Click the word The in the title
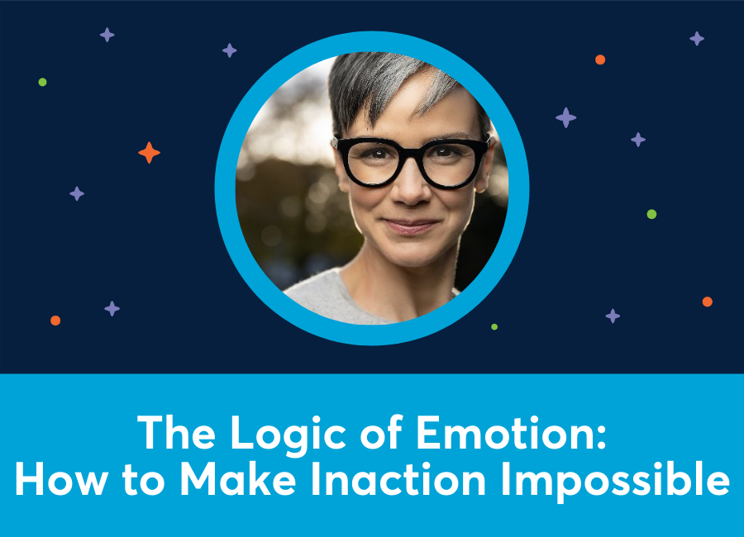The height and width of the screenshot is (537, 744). (168, 432)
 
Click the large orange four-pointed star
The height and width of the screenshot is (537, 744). (149, 153)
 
